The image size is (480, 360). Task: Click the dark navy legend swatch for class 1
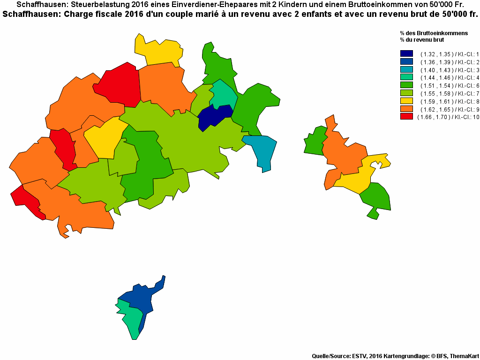(x=406, y=54)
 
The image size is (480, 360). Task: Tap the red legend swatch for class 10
(x=406, y=117)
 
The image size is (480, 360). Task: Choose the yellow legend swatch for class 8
(x=406, y=101)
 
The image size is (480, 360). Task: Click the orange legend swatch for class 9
(x=406, y=109)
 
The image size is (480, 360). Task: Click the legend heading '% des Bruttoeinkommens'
(x=434, y=33)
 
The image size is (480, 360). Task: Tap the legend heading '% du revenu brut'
(x=422, y=40)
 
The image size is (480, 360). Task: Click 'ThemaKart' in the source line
(x=464, y=356)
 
